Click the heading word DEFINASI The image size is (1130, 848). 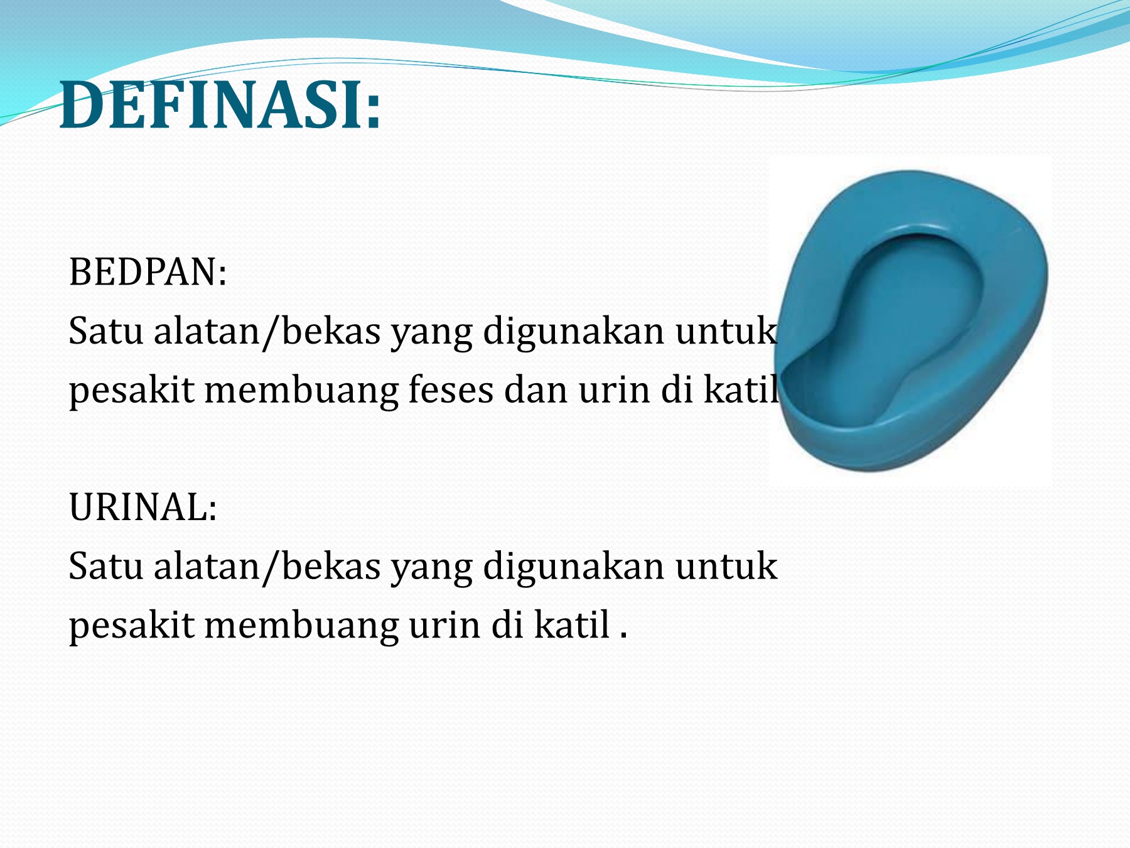point(211,105)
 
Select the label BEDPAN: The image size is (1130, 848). point(148,272)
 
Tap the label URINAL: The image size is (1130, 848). point(143,507)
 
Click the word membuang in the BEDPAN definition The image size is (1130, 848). point(301,391)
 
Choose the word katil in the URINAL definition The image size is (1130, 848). point(572,624)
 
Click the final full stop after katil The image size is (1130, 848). point(623,636)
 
